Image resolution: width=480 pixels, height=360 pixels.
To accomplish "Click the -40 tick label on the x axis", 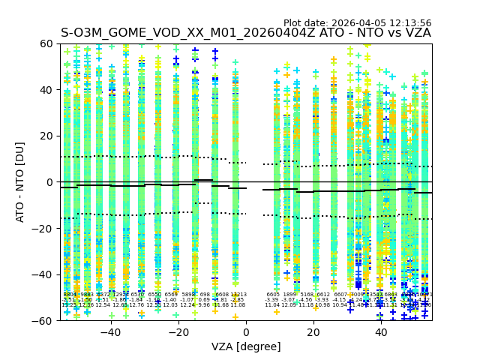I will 110,332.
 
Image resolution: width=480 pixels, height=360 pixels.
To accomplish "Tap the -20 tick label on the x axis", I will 178,332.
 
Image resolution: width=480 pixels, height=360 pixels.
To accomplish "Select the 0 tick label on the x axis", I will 246,332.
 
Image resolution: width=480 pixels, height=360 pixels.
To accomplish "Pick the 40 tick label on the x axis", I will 381,332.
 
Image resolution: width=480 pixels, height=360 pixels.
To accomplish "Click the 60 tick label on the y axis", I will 47,44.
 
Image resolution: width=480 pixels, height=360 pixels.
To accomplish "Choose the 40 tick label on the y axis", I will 47,90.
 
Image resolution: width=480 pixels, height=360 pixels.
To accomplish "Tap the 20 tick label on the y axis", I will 47,136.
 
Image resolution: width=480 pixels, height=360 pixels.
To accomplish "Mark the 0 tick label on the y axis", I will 50,182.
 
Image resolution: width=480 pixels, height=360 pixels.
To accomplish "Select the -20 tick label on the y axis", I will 44,228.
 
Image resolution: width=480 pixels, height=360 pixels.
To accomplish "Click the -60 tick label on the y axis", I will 44,320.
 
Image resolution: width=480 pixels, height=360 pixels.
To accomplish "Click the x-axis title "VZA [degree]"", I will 246,346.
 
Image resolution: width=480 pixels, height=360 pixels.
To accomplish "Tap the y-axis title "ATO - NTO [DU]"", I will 21,182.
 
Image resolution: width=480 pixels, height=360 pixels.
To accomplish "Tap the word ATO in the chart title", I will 332,34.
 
